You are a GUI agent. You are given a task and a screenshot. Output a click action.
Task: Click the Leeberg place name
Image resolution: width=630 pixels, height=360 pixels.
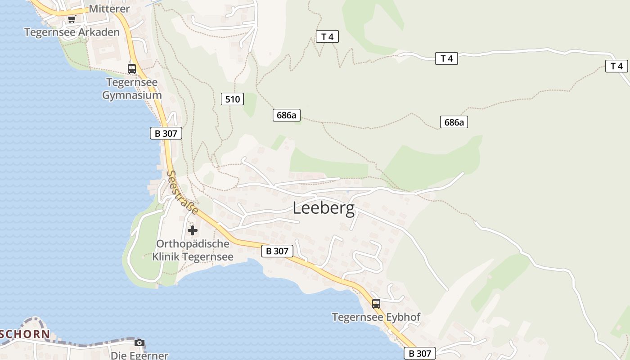click(x=324, y=208)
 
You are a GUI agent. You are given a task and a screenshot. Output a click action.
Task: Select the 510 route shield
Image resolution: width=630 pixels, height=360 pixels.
click(x=232, y=99)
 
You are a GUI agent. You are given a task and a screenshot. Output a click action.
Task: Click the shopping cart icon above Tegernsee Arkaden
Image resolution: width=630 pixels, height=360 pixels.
click(x=72, y=19)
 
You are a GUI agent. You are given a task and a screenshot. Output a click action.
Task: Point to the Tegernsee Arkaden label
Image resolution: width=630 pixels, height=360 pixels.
click(x=72, y=32)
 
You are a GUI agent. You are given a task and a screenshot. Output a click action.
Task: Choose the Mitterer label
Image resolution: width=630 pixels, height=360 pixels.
click(x=109, y=9)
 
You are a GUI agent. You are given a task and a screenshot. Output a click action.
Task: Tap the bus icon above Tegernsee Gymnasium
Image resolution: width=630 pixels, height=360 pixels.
click(x=132, y=69)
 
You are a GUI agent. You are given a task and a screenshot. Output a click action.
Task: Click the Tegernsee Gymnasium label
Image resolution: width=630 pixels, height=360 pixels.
click(x=132, y=89)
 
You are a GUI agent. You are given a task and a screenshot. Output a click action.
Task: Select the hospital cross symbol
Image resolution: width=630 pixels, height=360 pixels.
click(x=193, y=231)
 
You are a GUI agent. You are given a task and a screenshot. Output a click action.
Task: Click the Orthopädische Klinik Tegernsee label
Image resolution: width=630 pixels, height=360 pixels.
click(x=193, y=250)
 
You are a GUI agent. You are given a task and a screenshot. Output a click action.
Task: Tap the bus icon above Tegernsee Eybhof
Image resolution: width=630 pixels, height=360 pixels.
click(x=376, y=304)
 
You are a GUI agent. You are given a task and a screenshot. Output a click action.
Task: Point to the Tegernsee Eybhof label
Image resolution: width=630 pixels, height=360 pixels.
click(x=376, y=317)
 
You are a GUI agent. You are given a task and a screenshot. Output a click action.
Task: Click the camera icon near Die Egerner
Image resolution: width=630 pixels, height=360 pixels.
click(x=139, y=343)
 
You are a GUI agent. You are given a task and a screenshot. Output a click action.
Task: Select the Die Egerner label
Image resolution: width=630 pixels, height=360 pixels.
click(x=139, y=355)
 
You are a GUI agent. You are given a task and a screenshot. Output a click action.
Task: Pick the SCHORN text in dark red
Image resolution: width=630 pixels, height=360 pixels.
click(x=25, y=334)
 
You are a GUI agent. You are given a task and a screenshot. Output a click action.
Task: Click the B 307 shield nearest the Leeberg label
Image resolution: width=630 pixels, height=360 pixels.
click(x=277, y=251)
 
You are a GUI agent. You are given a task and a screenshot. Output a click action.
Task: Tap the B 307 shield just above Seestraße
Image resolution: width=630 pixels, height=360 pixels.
click(x=166, y=133)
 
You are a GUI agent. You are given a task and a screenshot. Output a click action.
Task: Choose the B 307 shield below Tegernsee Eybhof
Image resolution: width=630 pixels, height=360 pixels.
click(x=420, y=354)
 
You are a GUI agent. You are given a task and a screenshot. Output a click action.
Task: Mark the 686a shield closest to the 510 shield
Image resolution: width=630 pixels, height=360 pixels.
click(x=287, y=115)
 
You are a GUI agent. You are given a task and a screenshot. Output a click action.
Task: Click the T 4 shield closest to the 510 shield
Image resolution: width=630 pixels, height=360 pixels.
click(x=327, y=37)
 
